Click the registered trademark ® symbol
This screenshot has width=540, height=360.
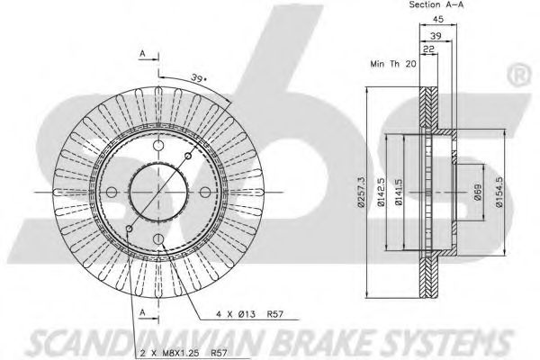pyautogui.click(x=519, y=69)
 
